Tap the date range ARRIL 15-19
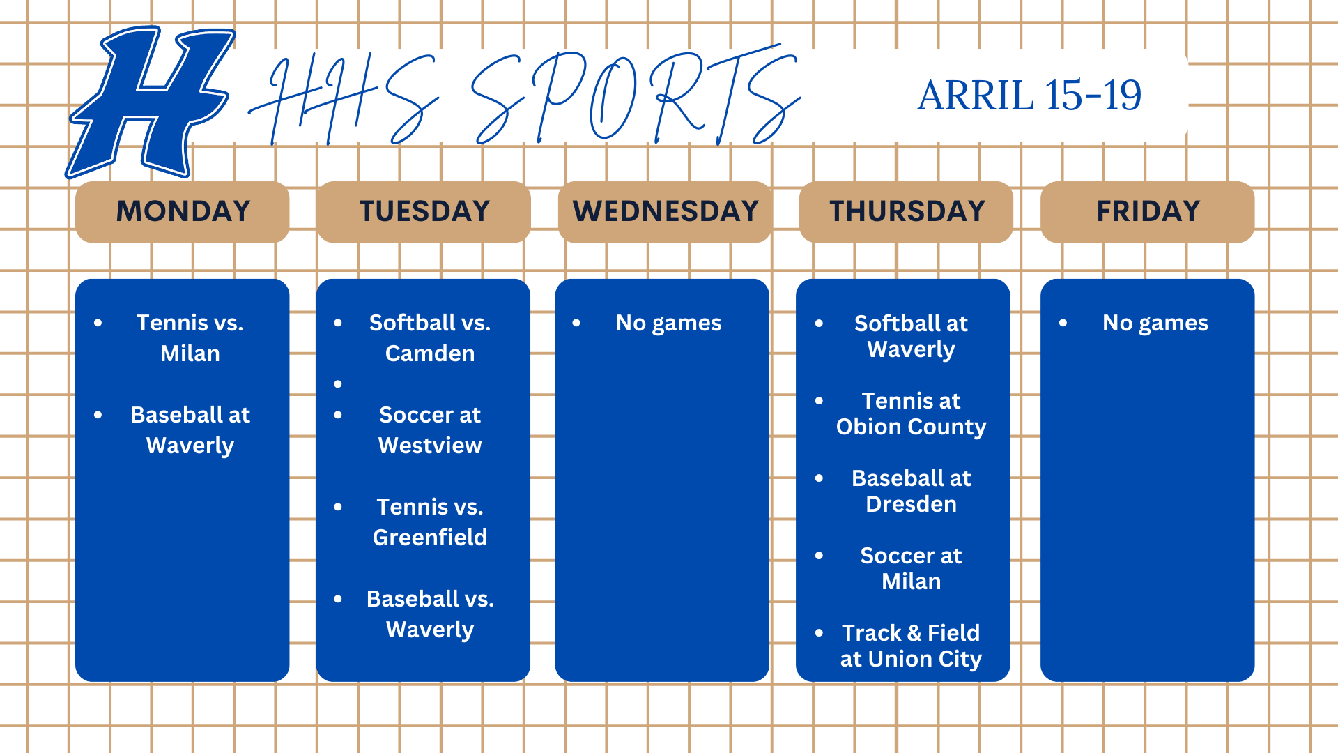(x=1029, y=96)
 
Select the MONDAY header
(x=183, y=211)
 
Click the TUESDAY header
(x=424, y=211)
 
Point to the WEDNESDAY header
(x=665, y=211)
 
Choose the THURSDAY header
(x=907, y=211)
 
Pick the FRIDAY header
(x=1148, y=211)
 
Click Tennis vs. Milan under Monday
(x=190, y=338)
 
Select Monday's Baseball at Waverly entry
(x=190, y=430)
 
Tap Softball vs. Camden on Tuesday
(x=430, y=338)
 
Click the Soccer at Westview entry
(x=430, y=430)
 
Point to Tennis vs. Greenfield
(x=430, y=522)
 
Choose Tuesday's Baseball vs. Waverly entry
(x=430, y=614)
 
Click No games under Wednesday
(x=669, y=324)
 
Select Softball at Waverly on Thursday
(x=912, y=336)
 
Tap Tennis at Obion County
(x=912, y=413)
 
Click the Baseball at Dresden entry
(x=912, y=491)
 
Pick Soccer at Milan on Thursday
(x=912, y=568)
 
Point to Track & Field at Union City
(x=912, y=646)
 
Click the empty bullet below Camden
(x=338, y=384)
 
